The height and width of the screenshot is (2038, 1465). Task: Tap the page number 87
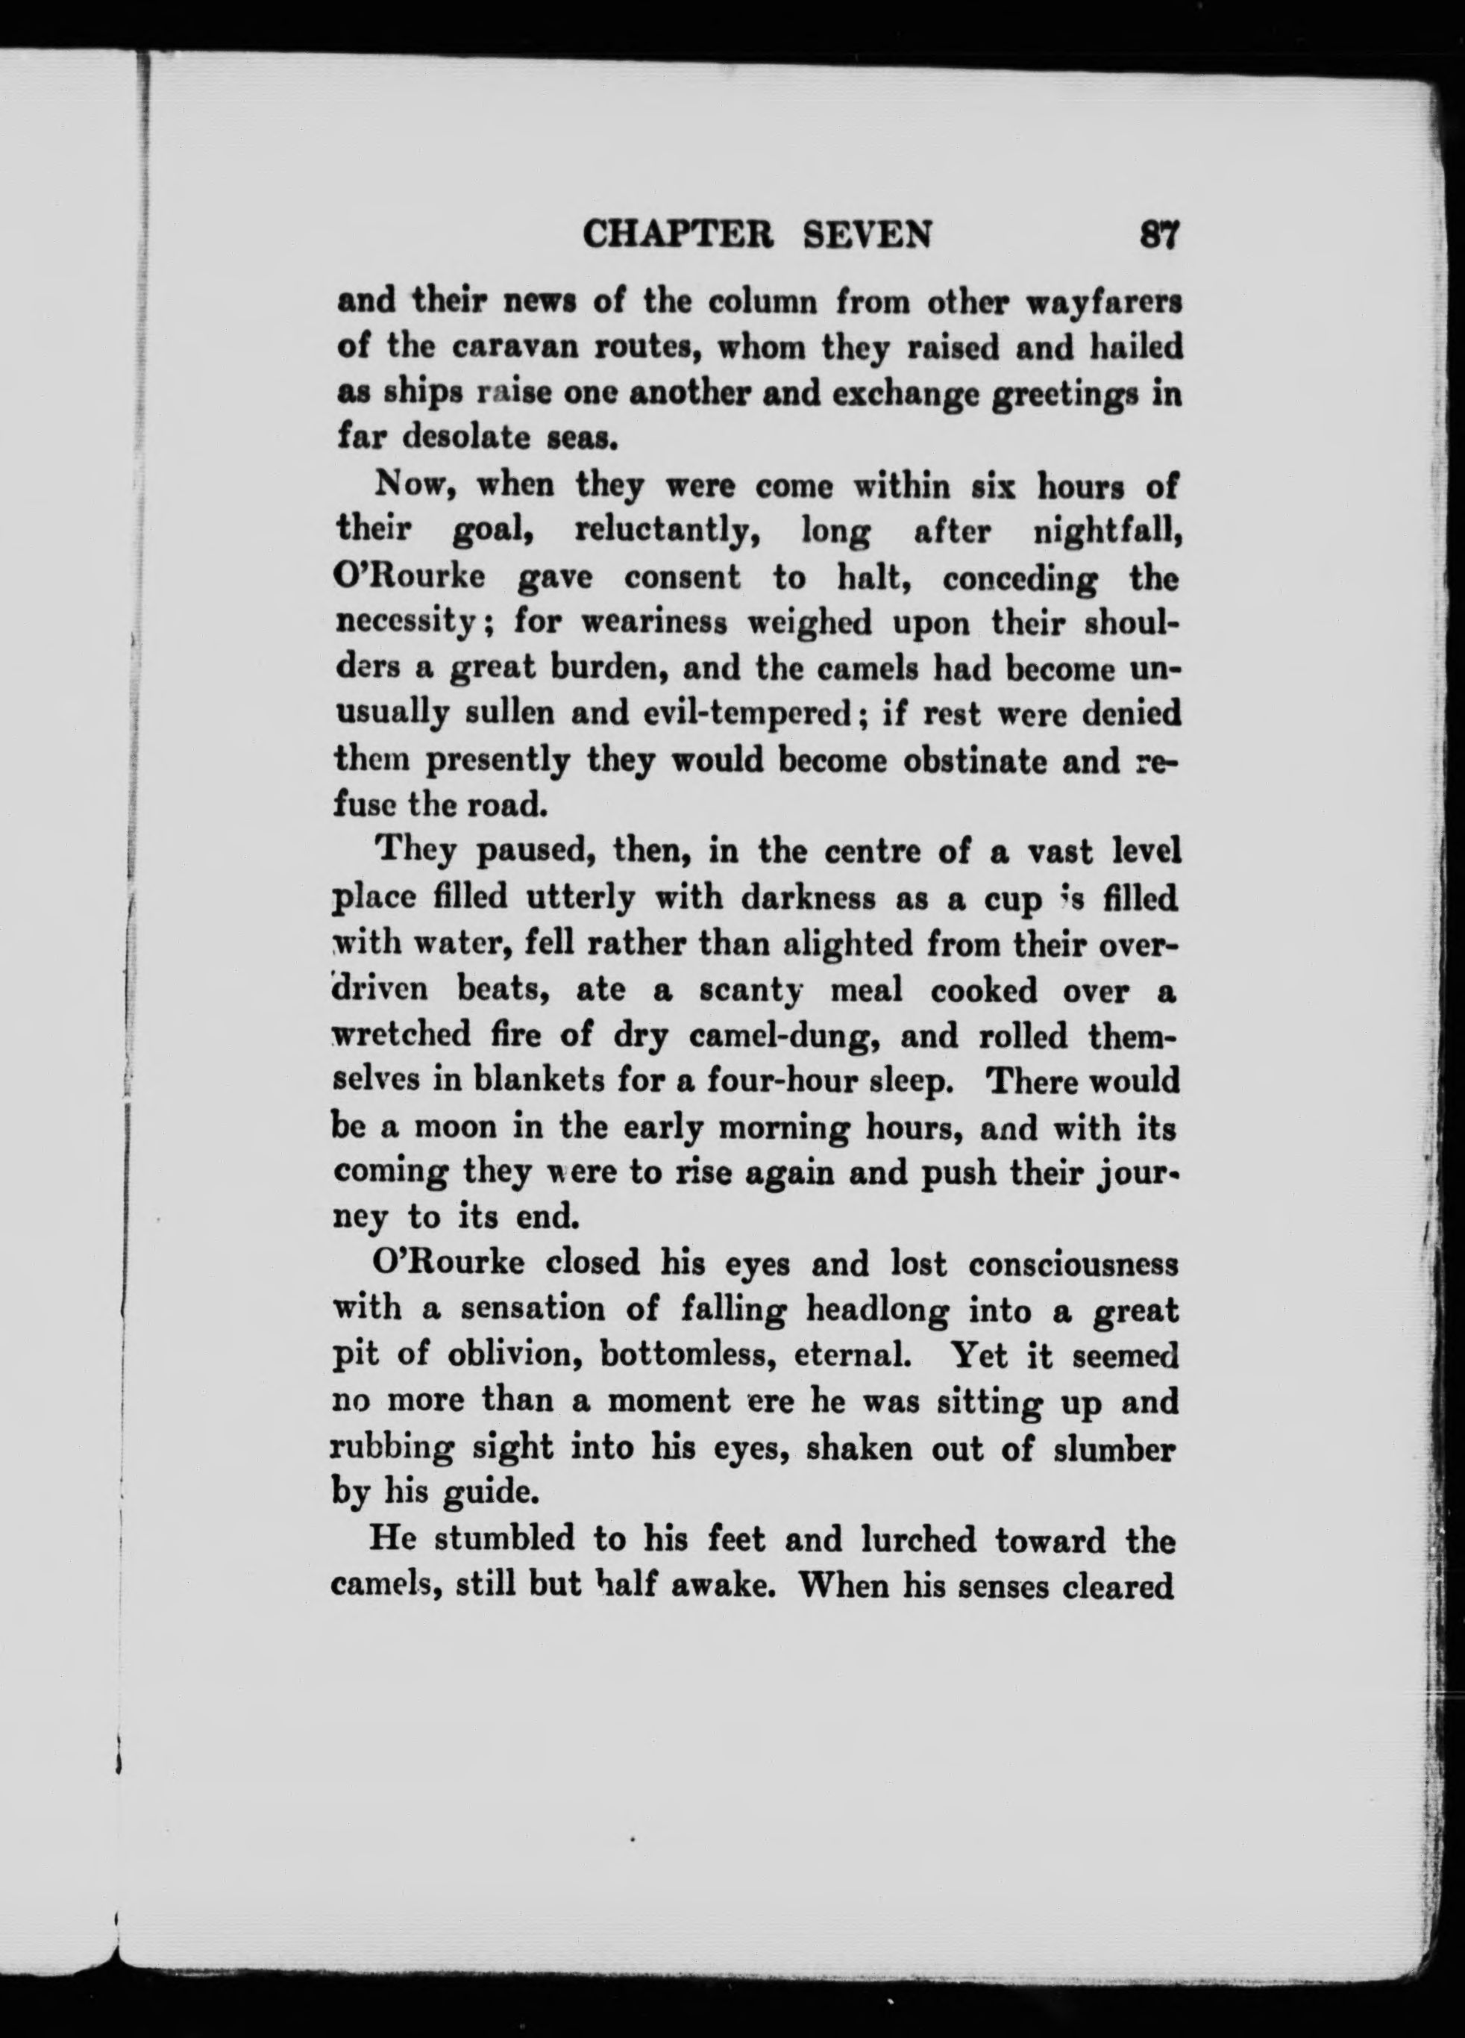1158,235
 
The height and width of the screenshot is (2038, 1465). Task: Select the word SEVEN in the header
866,235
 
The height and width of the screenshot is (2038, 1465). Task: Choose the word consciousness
1073,1265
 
